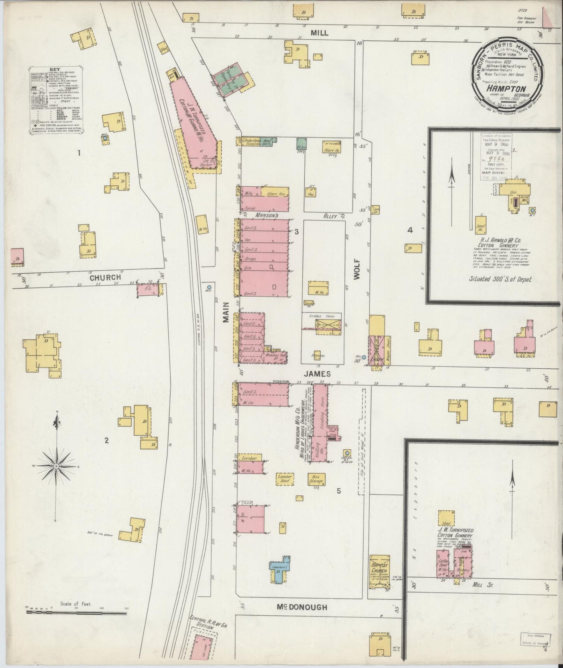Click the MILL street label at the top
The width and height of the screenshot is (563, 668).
coord(319,33)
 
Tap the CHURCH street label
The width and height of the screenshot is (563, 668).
coord(105,278)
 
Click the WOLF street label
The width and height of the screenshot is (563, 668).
coord(357,269)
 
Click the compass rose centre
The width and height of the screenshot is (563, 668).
coord(57,466)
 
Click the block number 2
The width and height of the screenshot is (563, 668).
coord(106,441)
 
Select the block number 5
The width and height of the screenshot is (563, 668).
coord(339,491)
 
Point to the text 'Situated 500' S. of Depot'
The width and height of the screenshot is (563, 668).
coord(500,279)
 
